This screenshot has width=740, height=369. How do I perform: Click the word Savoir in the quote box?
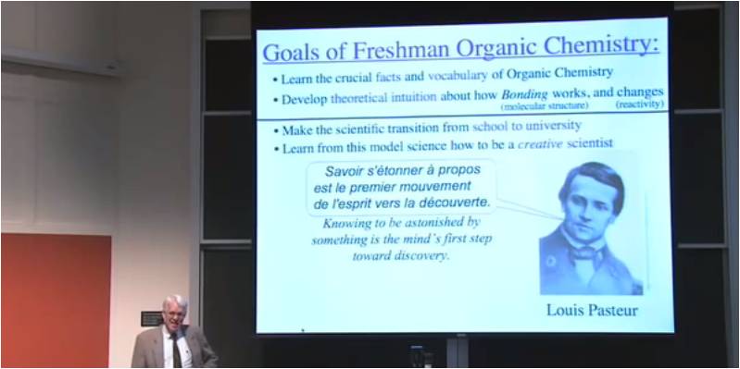(x=345, y=171)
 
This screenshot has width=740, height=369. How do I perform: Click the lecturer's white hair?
(x=174, y=302)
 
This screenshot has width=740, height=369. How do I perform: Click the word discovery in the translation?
(x=422, y=255)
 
